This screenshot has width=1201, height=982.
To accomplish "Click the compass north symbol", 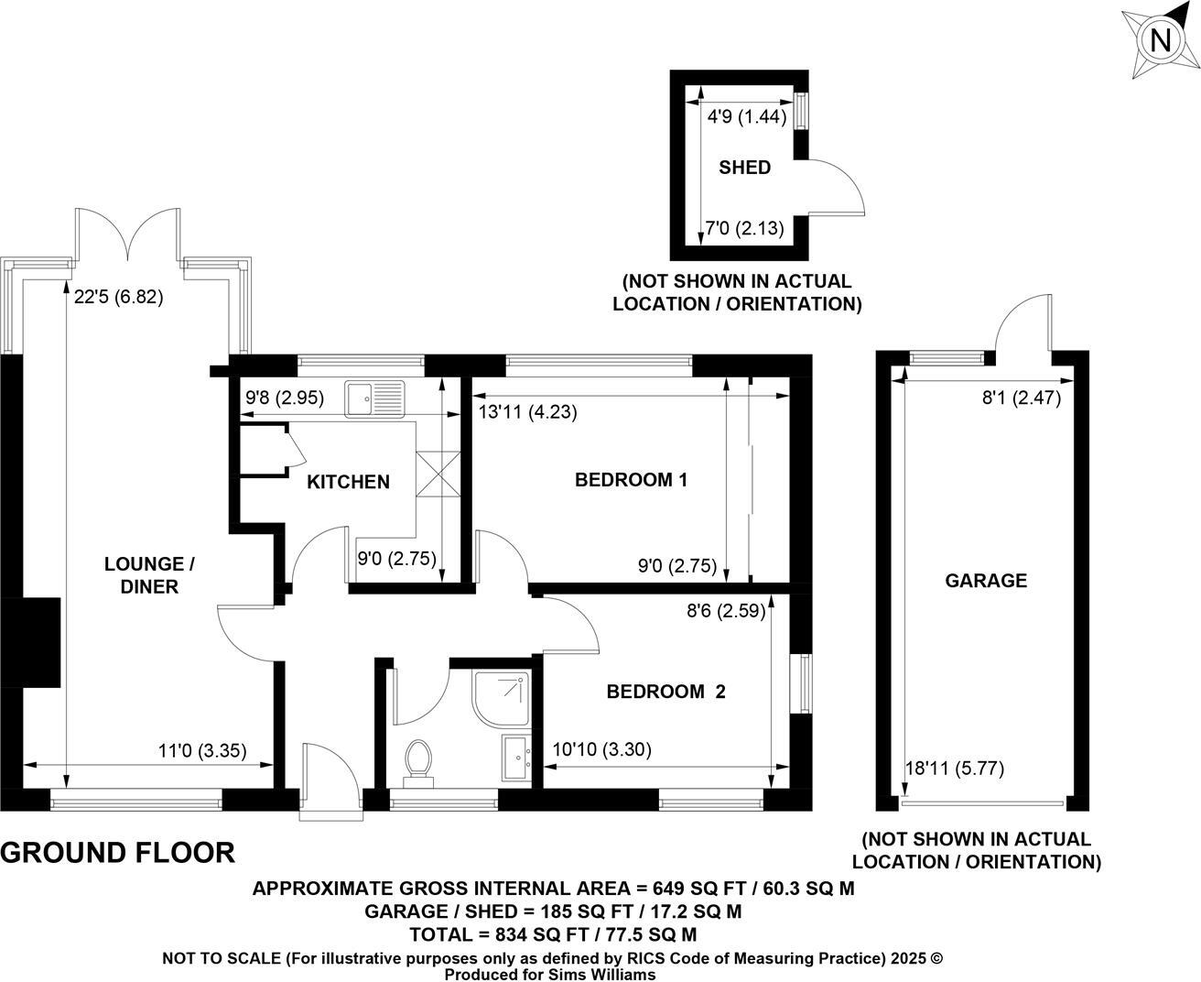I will [1160, 41].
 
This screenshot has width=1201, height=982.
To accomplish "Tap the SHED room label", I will [744, 168].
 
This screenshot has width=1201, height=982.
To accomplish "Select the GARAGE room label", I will [985, 580].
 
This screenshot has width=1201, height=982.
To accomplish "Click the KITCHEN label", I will [348, 482].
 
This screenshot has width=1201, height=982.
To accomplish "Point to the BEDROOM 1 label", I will [630, 479].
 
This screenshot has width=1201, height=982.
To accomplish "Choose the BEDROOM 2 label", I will [665, 692].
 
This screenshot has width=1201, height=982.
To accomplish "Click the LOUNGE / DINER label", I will [149, 575].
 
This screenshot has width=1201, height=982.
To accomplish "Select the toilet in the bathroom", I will [419, 762].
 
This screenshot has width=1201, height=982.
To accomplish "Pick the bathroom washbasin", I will [516, 757].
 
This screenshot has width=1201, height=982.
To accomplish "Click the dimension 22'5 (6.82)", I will [119, 297].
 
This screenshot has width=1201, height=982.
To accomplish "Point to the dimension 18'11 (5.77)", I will [954, 769].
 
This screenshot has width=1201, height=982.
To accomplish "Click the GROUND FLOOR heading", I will [118, 853].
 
